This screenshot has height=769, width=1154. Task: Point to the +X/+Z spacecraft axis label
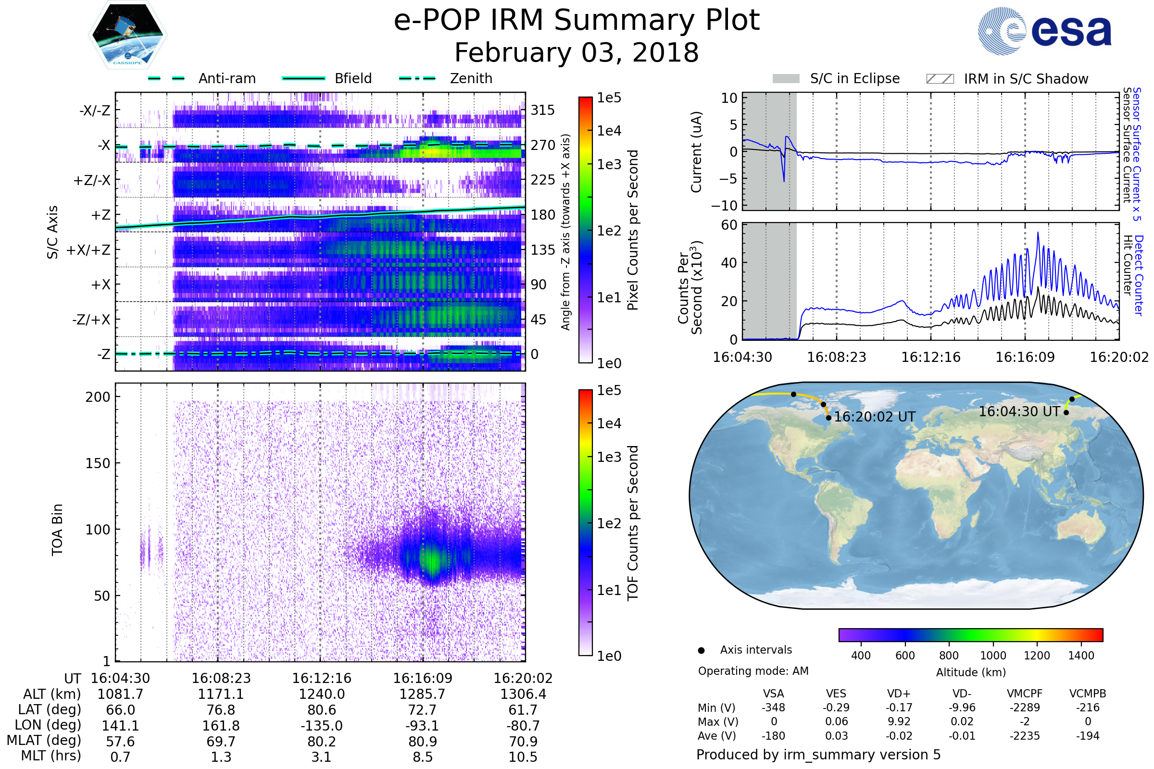click(x=88, y=250)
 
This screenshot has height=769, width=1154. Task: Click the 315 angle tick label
click(x=543, y=110)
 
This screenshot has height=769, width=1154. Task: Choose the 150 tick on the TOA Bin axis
click(x=98, y=463)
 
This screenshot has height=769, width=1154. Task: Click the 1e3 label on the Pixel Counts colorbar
click(x=609, y=164)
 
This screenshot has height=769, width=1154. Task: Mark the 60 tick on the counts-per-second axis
click(x=729, y=225)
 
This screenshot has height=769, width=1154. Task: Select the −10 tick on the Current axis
click(x=724, y=205)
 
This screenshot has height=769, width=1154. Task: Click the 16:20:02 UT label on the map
click(x=874, y=417)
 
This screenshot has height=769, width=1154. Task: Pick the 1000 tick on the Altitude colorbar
click(x=992, y=656)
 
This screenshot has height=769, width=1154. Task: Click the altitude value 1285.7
click(x=423, y=694)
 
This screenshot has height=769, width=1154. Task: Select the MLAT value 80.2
click(x=321, y=742)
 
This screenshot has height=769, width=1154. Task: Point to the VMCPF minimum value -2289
click(x=1025, y=707)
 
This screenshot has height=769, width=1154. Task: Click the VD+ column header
click(x=899, y=694)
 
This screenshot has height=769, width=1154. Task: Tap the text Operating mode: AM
click(x=753, y=671)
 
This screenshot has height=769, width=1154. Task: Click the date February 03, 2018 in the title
click(x=577, y=52)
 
